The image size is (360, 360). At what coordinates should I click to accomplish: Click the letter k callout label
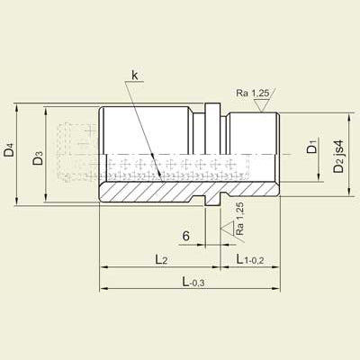coord(134,76)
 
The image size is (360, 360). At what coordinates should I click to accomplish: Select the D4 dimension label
coord(9,150)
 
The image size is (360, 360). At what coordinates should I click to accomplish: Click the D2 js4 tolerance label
coord(337,157)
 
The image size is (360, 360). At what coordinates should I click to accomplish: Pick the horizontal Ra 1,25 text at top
coord(254,93)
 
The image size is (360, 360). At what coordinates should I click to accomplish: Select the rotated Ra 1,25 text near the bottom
coord(239,219)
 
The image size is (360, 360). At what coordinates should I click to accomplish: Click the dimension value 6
coord(185,236)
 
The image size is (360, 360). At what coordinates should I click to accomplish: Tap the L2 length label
coord(161,259)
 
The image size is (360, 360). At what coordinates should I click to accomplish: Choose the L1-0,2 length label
coord(252,259)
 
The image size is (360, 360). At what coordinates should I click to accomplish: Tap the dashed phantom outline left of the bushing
coord(72,153)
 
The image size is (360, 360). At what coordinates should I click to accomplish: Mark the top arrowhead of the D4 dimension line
coord(17,106)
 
